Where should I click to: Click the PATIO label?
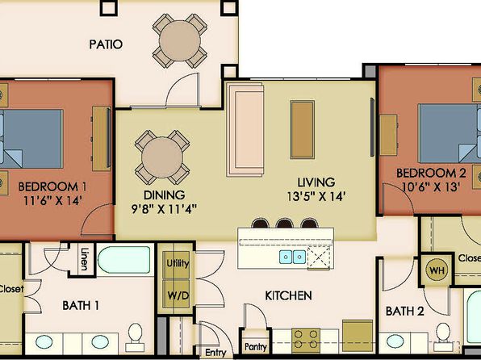[106, 44]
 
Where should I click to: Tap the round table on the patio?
[180, 41]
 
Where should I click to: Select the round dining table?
[162, 157]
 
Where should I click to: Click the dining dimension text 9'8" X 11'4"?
[164, 209]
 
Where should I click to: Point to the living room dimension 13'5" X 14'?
[316, 196]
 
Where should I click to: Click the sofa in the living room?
[245, 129]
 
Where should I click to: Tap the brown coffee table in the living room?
[302, 129]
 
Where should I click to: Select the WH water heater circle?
[437, 270]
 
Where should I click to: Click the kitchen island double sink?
[293, 257]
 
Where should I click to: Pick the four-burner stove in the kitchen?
[306, 341]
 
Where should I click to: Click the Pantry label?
[256, 347]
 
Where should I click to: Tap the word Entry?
[215, 353]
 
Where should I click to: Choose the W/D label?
[178, 295]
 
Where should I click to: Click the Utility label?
[178, 263]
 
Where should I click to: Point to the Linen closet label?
[85, 259]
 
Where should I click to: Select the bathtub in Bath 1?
[124, 260]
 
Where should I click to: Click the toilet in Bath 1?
[135, 337]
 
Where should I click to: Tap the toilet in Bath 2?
[443, 337]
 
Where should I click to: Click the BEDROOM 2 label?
[431, 173]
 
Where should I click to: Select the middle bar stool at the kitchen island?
[284, 223]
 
